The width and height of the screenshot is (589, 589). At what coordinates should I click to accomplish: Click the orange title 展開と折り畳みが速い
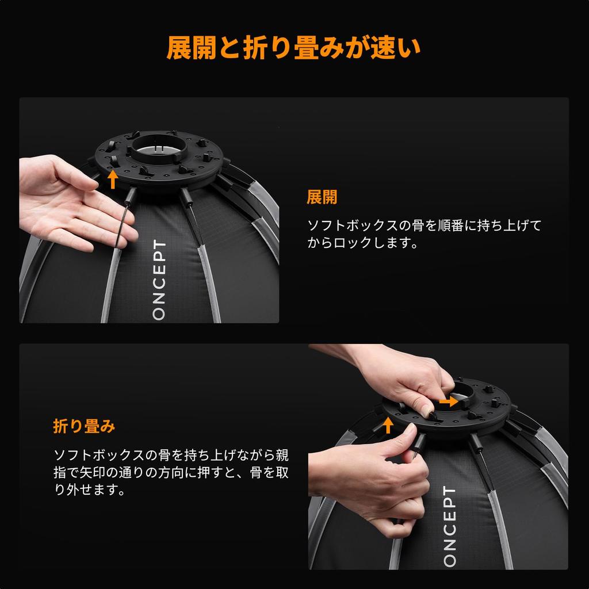point(294,48)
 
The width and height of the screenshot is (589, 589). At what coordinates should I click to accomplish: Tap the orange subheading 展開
point(322,197)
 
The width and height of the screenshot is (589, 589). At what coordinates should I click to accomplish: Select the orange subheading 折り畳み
point(84,426)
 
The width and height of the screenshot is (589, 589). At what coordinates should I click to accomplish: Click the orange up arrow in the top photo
point(113,179)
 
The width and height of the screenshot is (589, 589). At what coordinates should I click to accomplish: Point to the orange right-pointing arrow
point(449,402)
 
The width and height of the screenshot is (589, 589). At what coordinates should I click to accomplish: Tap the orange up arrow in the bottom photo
point(388,426)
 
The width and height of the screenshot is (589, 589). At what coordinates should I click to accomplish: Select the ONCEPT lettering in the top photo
point(159,280)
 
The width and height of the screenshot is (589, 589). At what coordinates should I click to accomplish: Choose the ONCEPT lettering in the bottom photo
point(450,526)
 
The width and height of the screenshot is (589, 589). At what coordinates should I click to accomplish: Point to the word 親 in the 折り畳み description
point(282,455)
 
